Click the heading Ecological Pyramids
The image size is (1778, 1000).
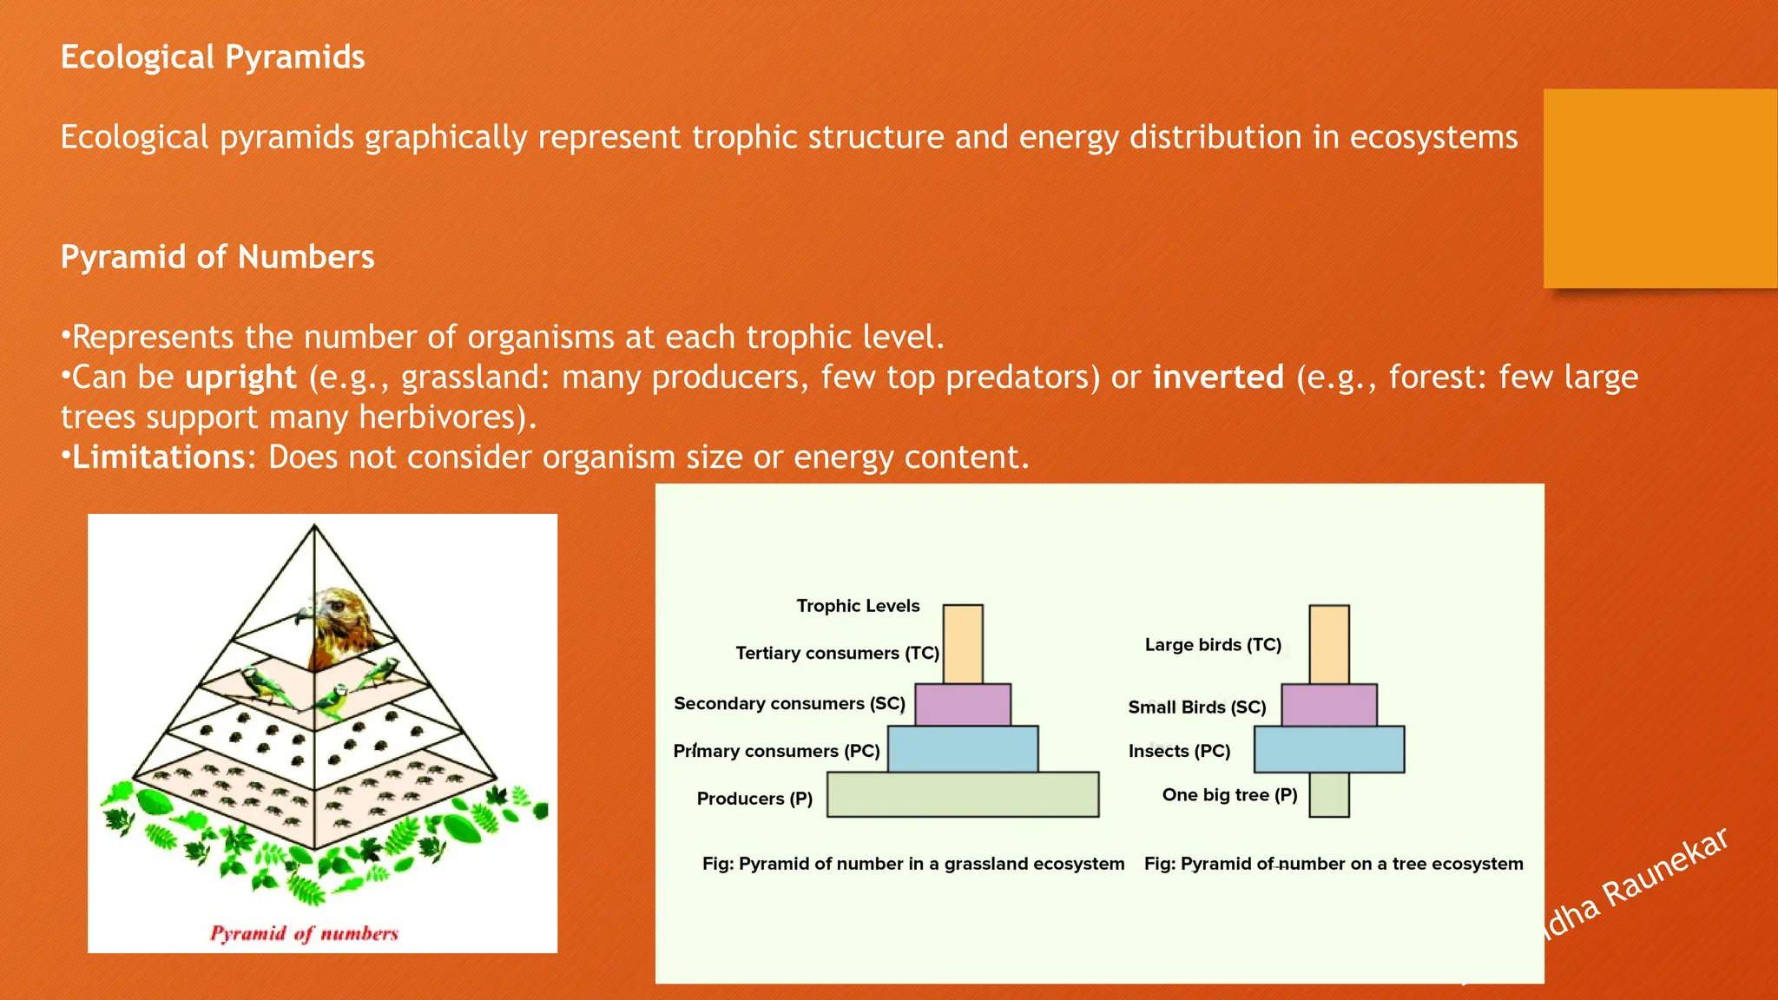click(213, 57)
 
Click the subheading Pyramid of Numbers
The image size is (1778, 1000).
click(217, 257)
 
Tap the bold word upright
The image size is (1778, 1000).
click(240, 378)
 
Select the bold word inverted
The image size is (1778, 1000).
click(1218, 378)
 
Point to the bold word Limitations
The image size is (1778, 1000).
click(159, 457)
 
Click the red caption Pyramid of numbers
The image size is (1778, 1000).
click(304, 934)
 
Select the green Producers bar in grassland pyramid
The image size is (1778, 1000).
click(962, 794)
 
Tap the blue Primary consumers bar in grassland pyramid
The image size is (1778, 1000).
click(962, 749)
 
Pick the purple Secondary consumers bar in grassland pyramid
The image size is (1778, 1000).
click(962, 705)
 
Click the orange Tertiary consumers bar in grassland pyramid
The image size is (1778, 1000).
click(962, 644)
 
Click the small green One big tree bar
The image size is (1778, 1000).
click(1328, 794)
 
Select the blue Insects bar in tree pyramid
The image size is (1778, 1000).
click(1328, 749)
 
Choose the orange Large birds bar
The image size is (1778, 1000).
click(1328, 644)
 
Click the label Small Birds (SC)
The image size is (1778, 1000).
click(1196, 707)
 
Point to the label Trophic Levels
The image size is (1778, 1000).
click(858, 606)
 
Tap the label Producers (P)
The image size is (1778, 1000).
click(754, 799)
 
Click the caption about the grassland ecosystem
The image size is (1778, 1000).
click(912, 864)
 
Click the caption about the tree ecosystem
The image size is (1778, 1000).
click(1333, 864)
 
